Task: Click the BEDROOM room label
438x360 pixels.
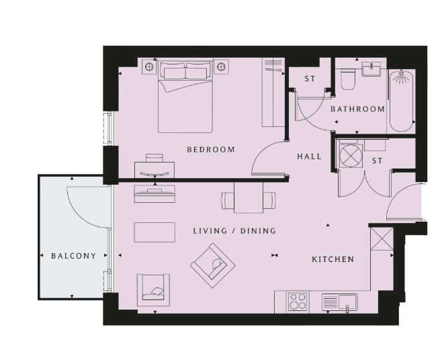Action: (211, 150)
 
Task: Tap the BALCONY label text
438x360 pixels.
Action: (74, 256)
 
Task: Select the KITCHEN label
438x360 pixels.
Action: (333, 259)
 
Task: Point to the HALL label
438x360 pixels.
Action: (309, 156)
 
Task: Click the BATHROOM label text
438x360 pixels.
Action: (358, 109)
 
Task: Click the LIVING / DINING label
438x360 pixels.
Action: (234, 231)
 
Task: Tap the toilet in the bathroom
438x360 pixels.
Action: (348, 79)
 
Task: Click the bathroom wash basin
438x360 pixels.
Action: (371, 69)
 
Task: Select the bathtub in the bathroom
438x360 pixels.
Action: (401, 101)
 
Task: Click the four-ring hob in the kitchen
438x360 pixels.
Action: (298, 302)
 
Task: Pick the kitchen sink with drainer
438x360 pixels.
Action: (339, 302)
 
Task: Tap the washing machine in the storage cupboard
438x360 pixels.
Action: (350, 156)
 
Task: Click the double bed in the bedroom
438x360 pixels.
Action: (185, 95)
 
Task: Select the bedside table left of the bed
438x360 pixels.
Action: (149, 66)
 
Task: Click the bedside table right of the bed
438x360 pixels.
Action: (221, 66)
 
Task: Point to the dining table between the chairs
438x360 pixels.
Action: (249, 197)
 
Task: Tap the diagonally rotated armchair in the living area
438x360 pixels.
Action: (213, 265)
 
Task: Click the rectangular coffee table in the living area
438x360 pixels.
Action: (155, 232)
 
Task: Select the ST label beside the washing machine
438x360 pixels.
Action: (377, 161)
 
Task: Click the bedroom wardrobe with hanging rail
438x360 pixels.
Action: (273, 93)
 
